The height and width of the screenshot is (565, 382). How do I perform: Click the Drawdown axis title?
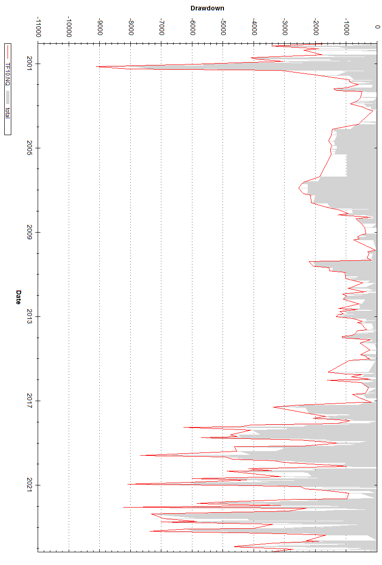click(x=207, y=8)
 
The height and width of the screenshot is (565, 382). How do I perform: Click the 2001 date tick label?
click(x=30, y=64)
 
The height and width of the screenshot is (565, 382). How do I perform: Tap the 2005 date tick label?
click(x=30, y=148)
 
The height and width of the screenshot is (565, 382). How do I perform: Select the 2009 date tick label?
click(x=30, y=233)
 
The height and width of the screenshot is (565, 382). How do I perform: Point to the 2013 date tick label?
click(x=30, y=317)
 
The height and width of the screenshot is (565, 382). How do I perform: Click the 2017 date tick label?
click(x=30, y=401)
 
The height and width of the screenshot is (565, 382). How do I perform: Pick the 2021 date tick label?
click(x=30, y=485)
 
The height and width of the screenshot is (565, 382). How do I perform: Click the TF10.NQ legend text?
click(x=7, y=64)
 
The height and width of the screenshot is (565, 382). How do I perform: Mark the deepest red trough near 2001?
click(x=97, y=67)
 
